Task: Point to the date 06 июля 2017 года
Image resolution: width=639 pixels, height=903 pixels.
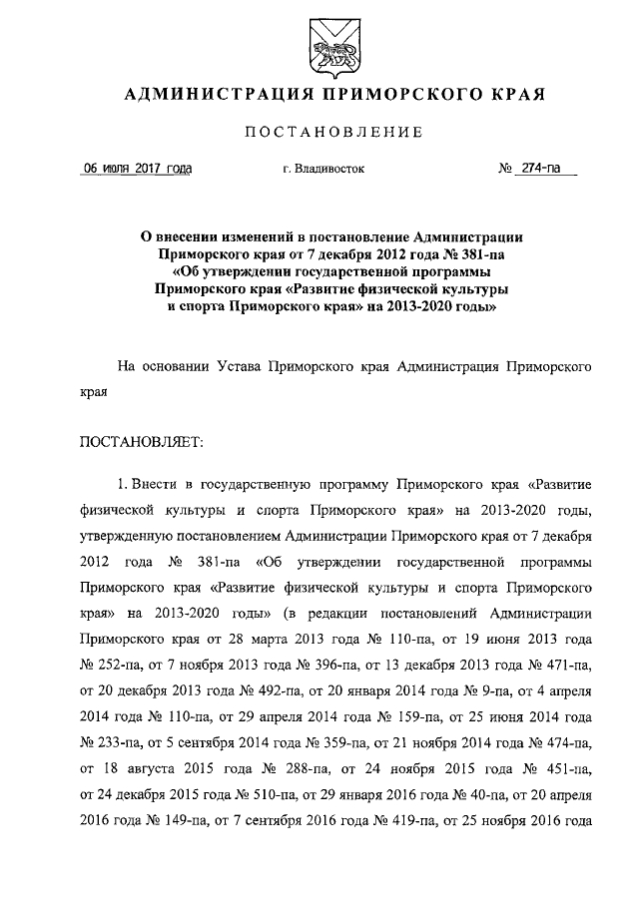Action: tap(137, 169)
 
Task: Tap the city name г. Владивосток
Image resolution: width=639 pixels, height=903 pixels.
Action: tap(323, 170)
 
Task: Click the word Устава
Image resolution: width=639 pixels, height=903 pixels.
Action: tap(242, 366)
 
